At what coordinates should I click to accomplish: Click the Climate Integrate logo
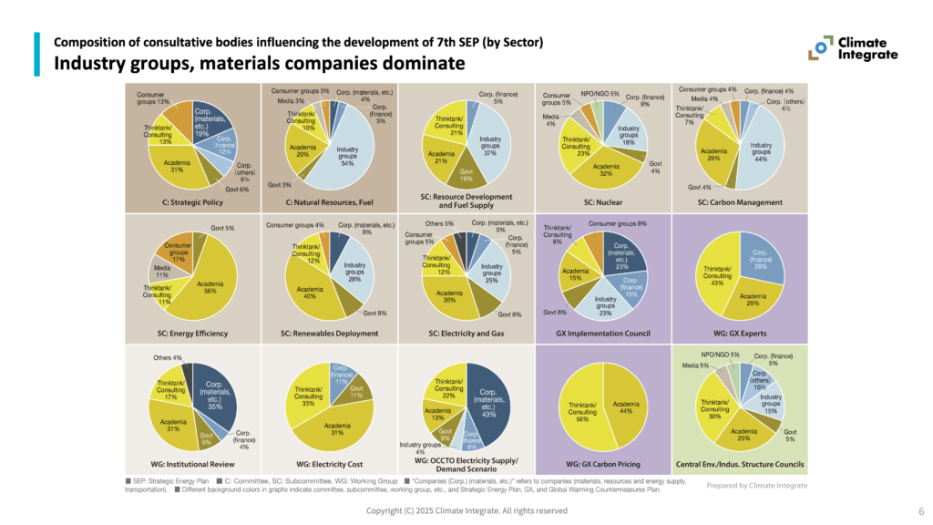click(856, 48)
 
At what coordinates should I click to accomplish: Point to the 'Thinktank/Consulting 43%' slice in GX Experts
click(717, 273)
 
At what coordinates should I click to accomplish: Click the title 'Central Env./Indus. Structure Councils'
click(739, 464)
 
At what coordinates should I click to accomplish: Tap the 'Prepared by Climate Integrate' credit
click(756, 486)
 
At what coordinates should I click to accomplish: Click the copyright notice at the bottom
click(466, 511)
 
